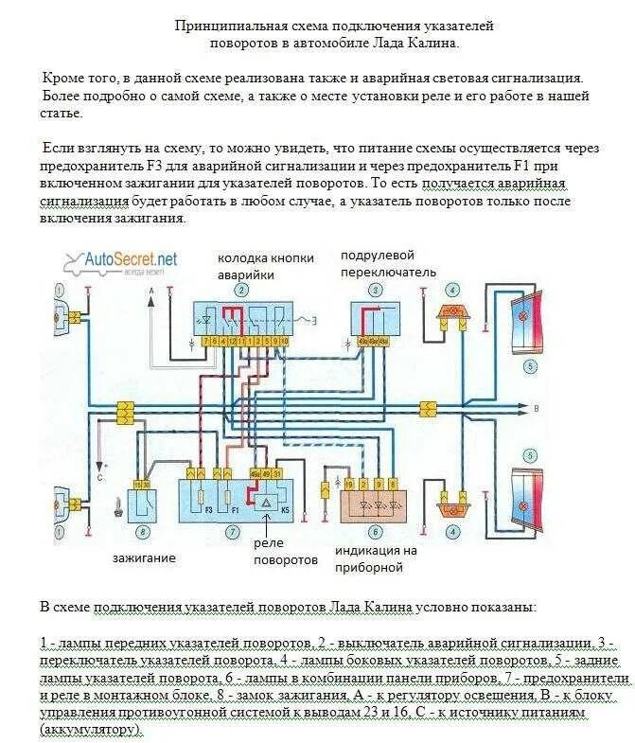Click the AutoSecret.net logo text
(131, 258)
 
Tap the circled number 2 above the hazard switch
(242, 290)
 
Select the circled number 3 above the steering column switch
(375, 290)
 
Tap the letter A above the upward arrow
(150, 299)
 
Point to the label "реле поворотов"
(285, 552)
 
